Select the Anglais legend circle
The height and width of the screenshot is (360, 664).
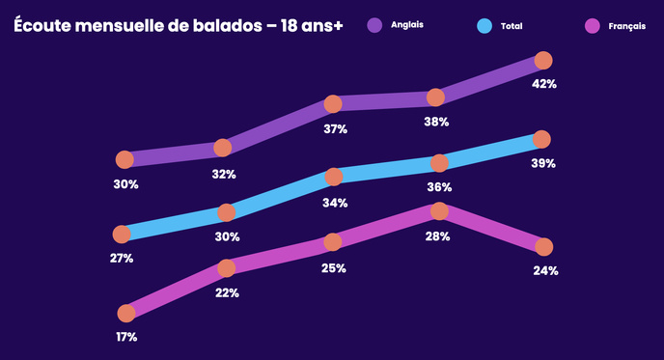(x=375, y=24)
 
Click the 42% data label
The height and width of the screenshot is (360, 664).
(x=544, y=84)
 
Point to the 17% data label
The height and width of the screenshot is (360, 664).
(x=125, y=337)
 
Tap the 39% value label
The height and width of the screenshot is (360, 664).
(x=542, y=163)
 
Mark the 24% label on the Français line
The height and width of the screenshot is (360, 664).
(x=545, y=270)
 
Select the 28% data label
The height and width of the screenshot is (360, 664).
(x=437, y=235)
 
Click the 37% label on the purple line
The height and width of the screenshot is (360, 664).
(x=335, y=128)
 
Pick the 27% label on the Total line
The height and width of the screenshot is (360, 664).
(x=122, y=258)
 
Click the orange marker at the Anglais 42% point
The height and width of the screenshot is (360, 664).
(x=543, y=61)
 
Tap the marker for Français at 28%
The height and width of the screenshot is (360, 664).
(x=439, y=210)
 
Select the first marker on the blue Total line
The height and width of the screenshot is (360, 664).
(x=122, y=234)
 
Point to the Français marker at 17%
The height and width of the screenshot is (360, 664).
(x=125, y=313)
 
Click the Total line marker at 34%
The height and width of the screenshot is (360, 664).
(x=334, y=177)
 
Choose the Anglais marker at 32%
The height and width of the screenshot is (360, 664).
(x=223, y=148)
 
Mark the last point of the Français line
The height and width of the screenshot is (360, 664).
(x=544, y=246)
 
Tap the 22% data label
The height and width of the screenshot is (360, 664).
(x=227, y=292)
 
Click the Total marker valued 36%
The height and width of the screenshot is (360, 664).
(x=439, y=162)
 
